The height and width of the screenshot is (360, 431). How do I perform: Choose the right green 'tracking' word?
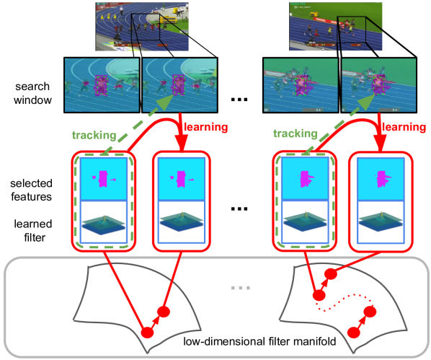click(296, 135)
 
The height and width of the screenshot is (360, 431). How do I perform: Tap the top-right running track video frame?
click(329, 25)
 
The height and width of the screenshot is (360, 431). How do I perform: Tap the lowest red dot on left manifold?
click(148, 332)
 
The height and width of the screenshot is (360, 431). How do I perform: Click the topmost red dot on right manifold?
click(332, 274)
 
